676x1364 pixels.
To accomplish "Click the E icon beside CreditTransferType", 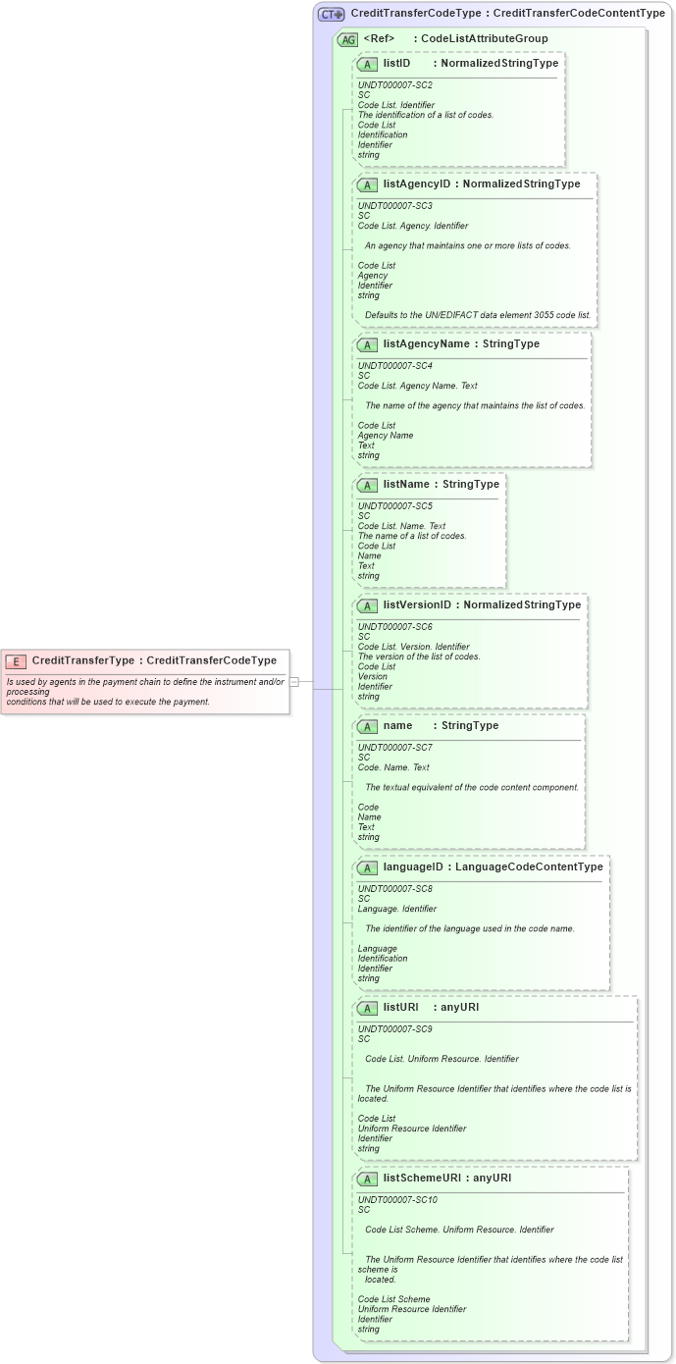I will pyautogui.click(x=17, y=660).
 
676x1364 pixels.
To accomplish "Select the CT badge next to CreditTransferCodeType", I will pyautogui.click(x=331, y=14).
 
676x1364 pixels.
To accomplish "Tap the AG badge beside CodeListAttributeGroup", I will pyautogui.click(x=347, y=39).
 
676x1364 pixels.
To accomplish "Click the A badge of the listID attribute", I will pyautogui.click(x=367, y=64).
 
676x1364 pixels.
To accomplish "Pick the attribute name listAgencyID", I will pyautogui.click(x=417, y=184).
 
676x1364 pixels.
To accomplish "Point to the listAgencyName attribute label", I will pyautogui.click(x=427, y=343).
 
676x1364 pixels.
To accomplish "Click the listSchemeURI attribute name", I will pyautogui.click(x=422, y=1178).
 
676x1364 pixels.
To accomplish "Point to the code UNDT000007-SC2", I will pyautogui.click(x=395, y=85).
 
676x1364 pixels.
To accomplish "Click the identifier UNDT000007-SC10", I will pyautogui.click(x=397, y=1199).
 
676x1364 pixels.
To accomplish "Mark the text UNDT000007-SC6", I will pyautogui.click(x=395, y=626).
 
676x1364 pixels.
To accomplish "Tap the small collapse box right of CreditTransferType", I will pyautogui.click(x=294, y=681).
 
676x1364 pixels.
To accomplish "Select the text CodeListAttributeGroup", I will pyautogui.click(x=484, y=39).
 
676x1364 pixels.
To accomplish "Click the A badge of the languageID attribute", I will pyautogui.click(x=367, y=867).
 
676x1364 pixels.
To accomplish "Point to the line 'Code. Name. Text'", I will pyautogui.click(x=393, y=767).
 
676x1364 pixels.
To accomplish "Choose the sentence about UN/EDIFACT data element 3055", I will pyautogui.click(x=478, y=315).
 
